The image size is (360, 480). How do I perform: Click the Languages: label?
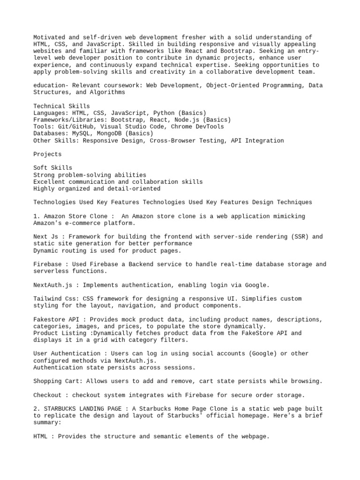pyautogui.click(x=51, y=113)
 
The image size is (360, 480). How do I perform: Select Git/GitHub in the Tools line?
pyautogui.click(x=74, y=127)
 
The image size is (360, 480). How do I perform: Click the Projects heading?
pyautogui.click(x=47, y=154)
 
